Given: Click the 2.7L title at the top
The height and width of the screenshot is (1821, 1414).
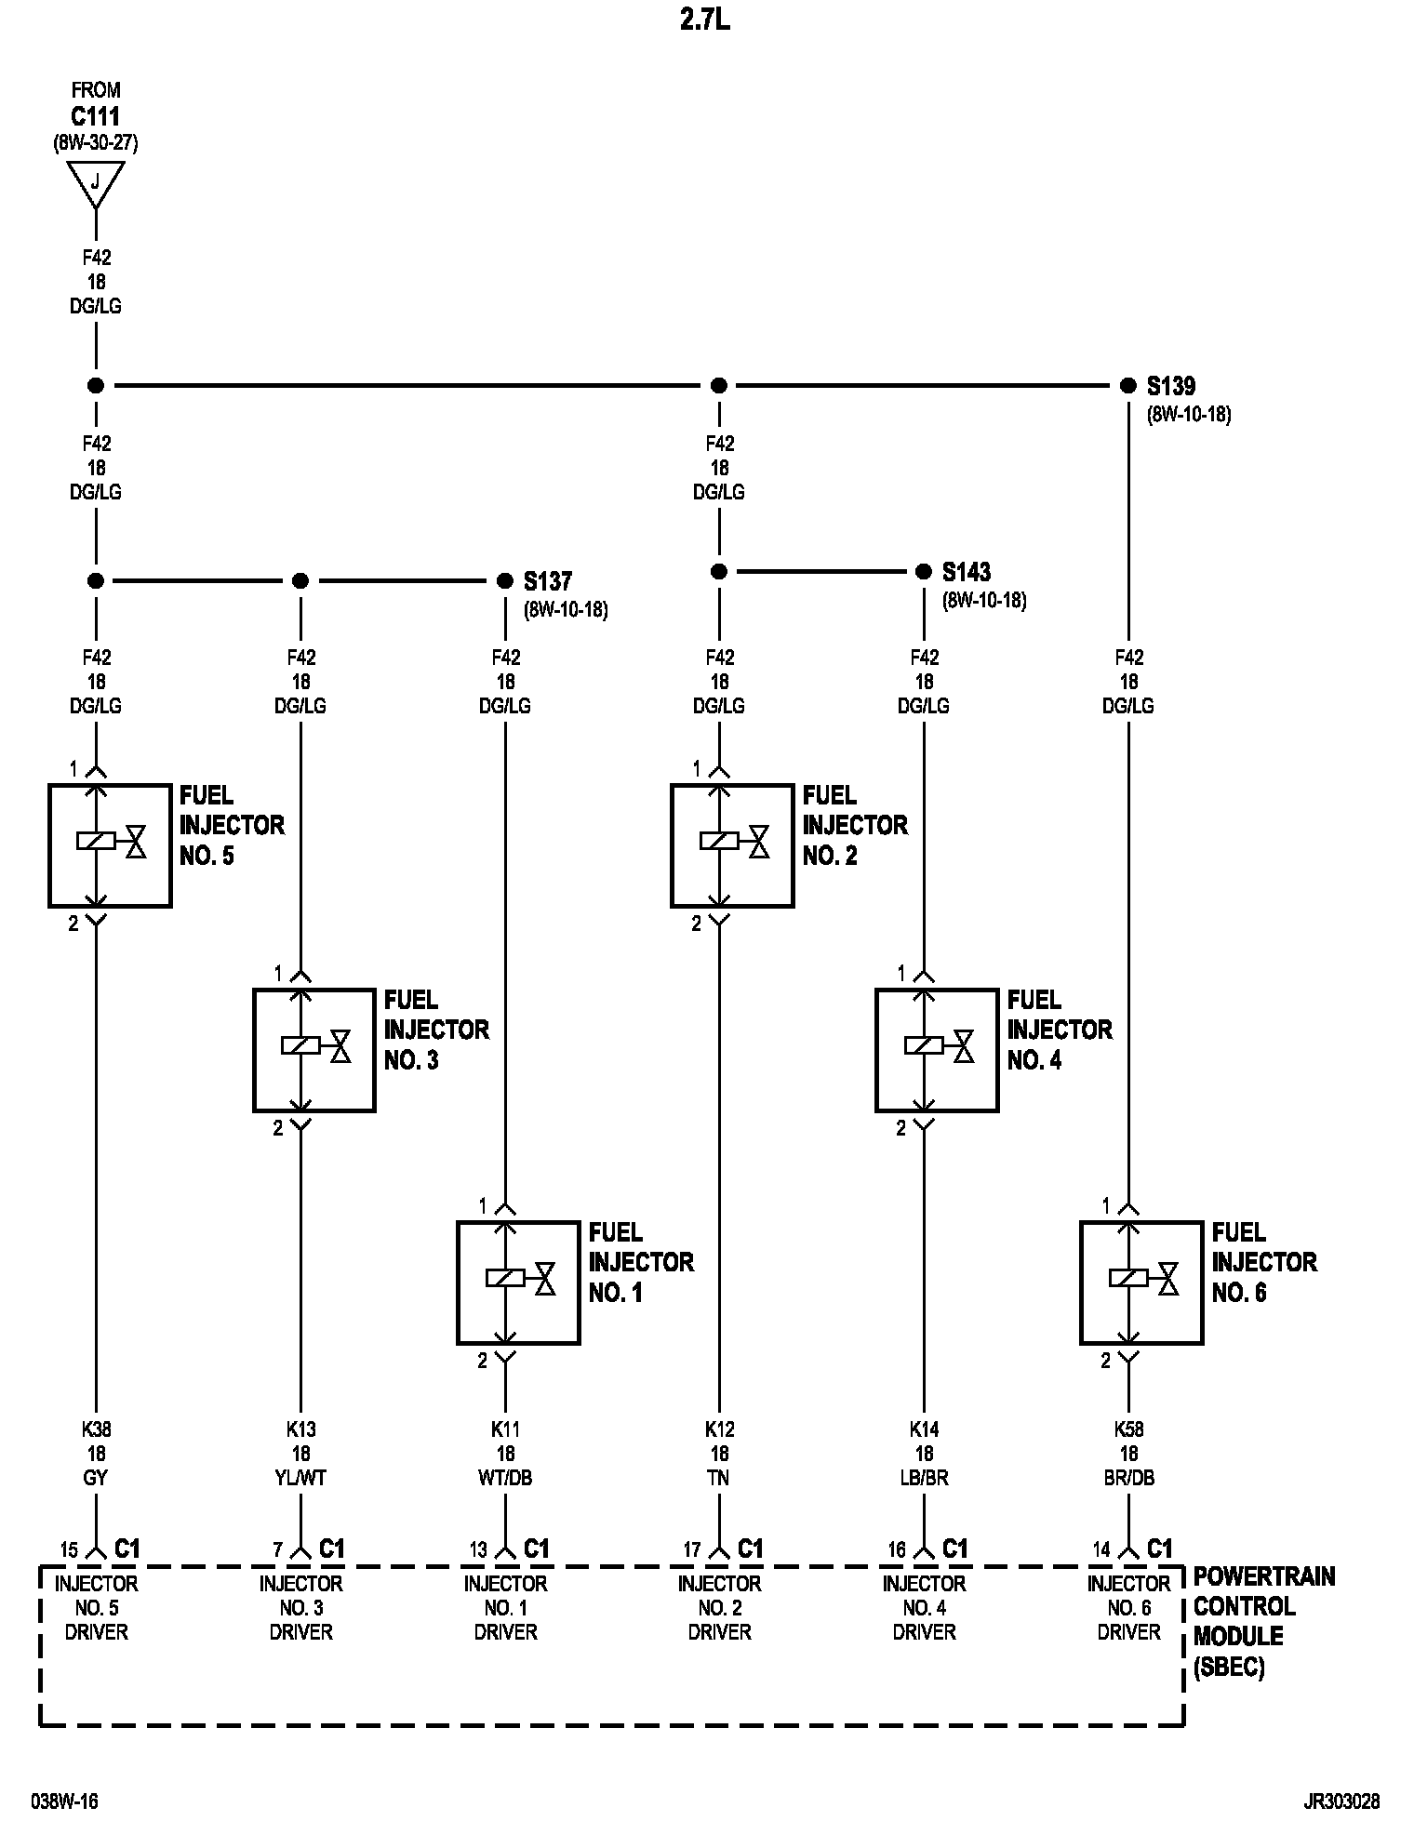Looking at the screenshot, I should [x=704, y=20].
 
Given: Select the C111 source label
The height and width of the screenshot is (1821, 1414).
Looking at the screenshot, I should [x=95, y=117].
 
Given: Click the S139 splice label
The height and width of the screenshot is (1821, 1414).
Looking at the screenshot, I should [x=1170, y=386].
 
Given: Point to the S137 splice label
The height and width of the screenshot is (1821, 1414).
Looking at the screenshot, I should [x=547, y=581].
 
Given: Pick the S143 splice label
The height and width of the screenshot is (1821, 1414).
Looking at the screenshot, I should [x=966, y=572].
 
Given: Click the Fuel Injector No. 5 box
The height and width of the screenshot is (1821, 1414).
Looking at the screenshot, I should [x=110, y=844].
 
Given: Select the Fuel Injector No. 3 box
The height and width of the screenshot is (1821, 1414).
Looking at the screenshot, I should [x=314, y=1049].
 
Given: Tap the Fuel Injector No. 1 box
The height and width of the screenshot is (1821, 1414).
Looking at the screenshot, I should [x=518, y=1282].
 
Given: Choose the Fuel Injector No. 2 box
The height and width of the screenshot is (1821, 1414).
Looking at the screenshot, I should [x=732, y=844].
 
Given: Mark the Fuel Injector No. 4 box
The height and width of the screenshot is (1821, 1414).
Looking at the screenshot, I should [x=937, y=1049].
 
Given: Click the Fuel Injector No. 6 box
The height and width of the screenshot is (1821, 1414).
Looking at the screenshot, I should [x=1141, y=1282].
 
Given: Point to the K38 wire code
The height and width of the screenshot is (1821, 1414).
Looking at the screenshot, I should [x=96, y=1429].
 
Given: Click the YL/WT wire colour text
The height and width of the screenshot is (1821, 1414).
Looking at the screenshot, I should [x=300, y=1478].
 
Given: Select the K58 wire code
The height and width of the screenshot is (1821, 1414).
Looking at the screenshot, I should [x=1128, y=1429].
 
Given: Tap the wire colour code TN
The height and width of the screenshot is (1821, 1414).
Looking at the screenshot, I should [x=719, y=1478].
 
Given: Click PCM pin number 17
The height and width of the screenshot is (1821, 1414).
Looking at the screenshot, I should [x=691, y=1550].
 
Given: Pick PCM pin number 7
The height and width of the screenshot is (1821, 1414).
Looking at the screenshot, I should [x=277, y=1550].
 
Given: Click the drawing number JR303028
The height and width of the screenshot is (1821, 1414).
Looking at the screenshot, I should [x=1341, y=1802].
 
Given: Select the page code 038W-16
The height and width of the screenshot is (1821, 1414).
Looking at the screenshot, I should [x=64, y=1802].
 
